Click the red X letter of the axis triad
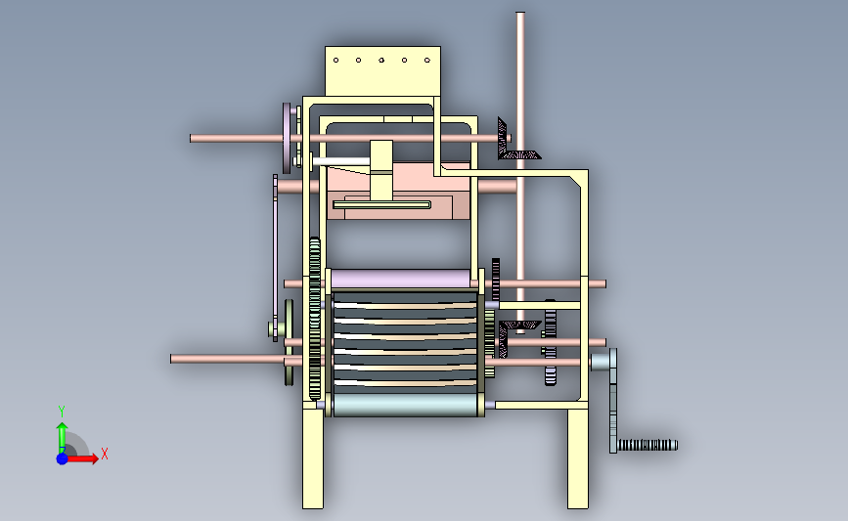[x=105, y=454]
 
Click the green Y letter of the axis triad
[x=62, y=412]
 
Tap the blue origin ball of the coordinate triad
[x=63, y=458]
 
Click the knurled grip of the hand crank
[x=647, y=446]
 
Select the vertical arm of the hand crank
[x=612, y=401]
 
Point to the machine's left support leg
[x=313, y=458]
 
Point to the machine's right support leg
[x=578, y=458]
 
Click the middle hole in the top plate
[x=381, y=60]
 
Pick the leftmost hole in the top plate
[x=335, y=60]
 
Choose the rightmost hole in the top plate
[x=427, y=60]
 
